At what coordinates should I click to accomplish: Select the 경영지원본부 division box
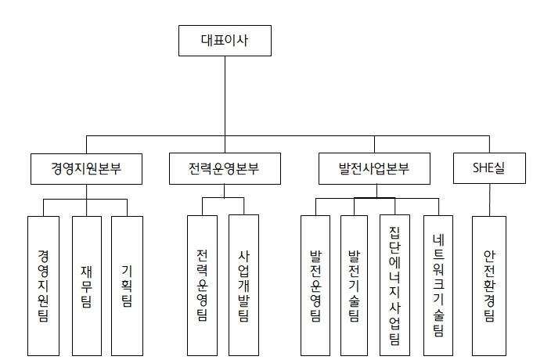(x=86, y=168)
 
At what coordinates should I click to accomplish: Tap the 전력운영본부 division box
(x=225, y=168)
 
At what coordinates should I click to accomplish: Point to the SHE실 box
(x=490, y=168)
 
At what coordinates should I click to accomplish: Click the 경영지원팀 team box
(x=43, y=285)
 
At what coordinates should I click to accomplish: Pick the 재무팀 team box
(x=86, y=285)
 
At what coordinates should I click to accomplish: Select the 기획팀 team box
(x=127, y=285)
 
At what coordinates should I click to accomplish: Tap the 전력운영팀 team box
(x=203, y=285)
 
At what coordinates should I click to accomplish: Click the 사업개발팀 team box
(x=243, y=285)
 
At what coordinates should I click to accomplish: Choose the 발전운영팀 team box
(x=315, y=285)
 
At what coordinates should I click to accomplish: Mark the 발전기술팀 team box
(x=354, y=285)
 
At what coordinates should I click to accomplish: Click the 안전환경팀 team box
(x=489, y=285)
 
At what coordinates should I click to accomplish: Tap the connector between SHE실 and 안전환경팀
(x=489, y=200)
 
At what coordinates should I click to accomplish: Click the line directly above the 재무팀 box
(x=86, y=207)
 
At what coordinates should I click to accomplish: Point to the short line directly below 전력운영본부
(x=225, y=190)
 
